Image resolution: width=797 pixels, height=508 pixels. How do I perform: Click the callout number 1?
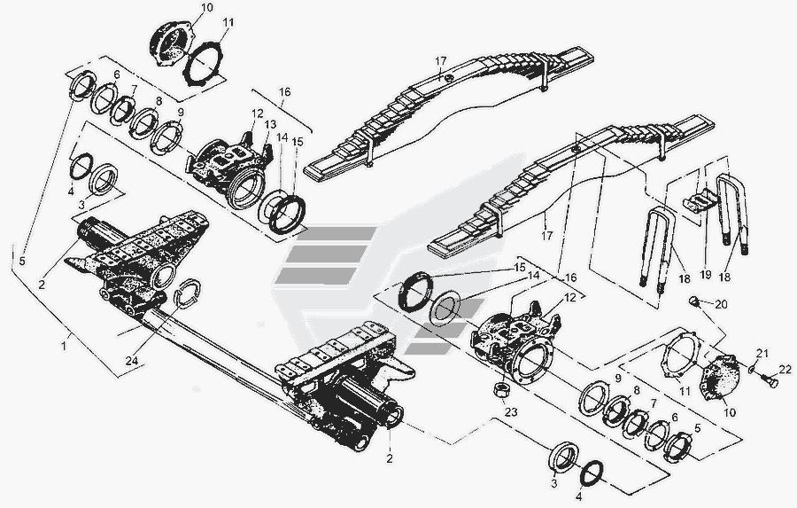click(x=64, y=346)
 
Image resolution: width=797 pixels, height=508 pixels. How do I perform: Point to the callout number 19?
click(x=706, y=274)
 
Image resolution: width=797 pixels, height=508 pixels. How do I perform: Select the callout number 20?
click(x=721, y=304)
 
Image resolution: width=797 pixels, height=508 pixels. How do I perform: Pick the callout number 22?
click(x=785, y=369)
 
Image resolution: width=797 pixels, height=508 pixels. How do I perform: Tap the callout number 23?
click(x=510, y=411)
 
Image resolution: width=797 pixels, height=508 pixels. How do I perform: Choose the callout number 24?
click(x=132, y=360)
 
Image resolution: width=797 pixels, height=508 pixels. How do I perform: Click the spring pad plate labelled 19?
click(x=699, y=200)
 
